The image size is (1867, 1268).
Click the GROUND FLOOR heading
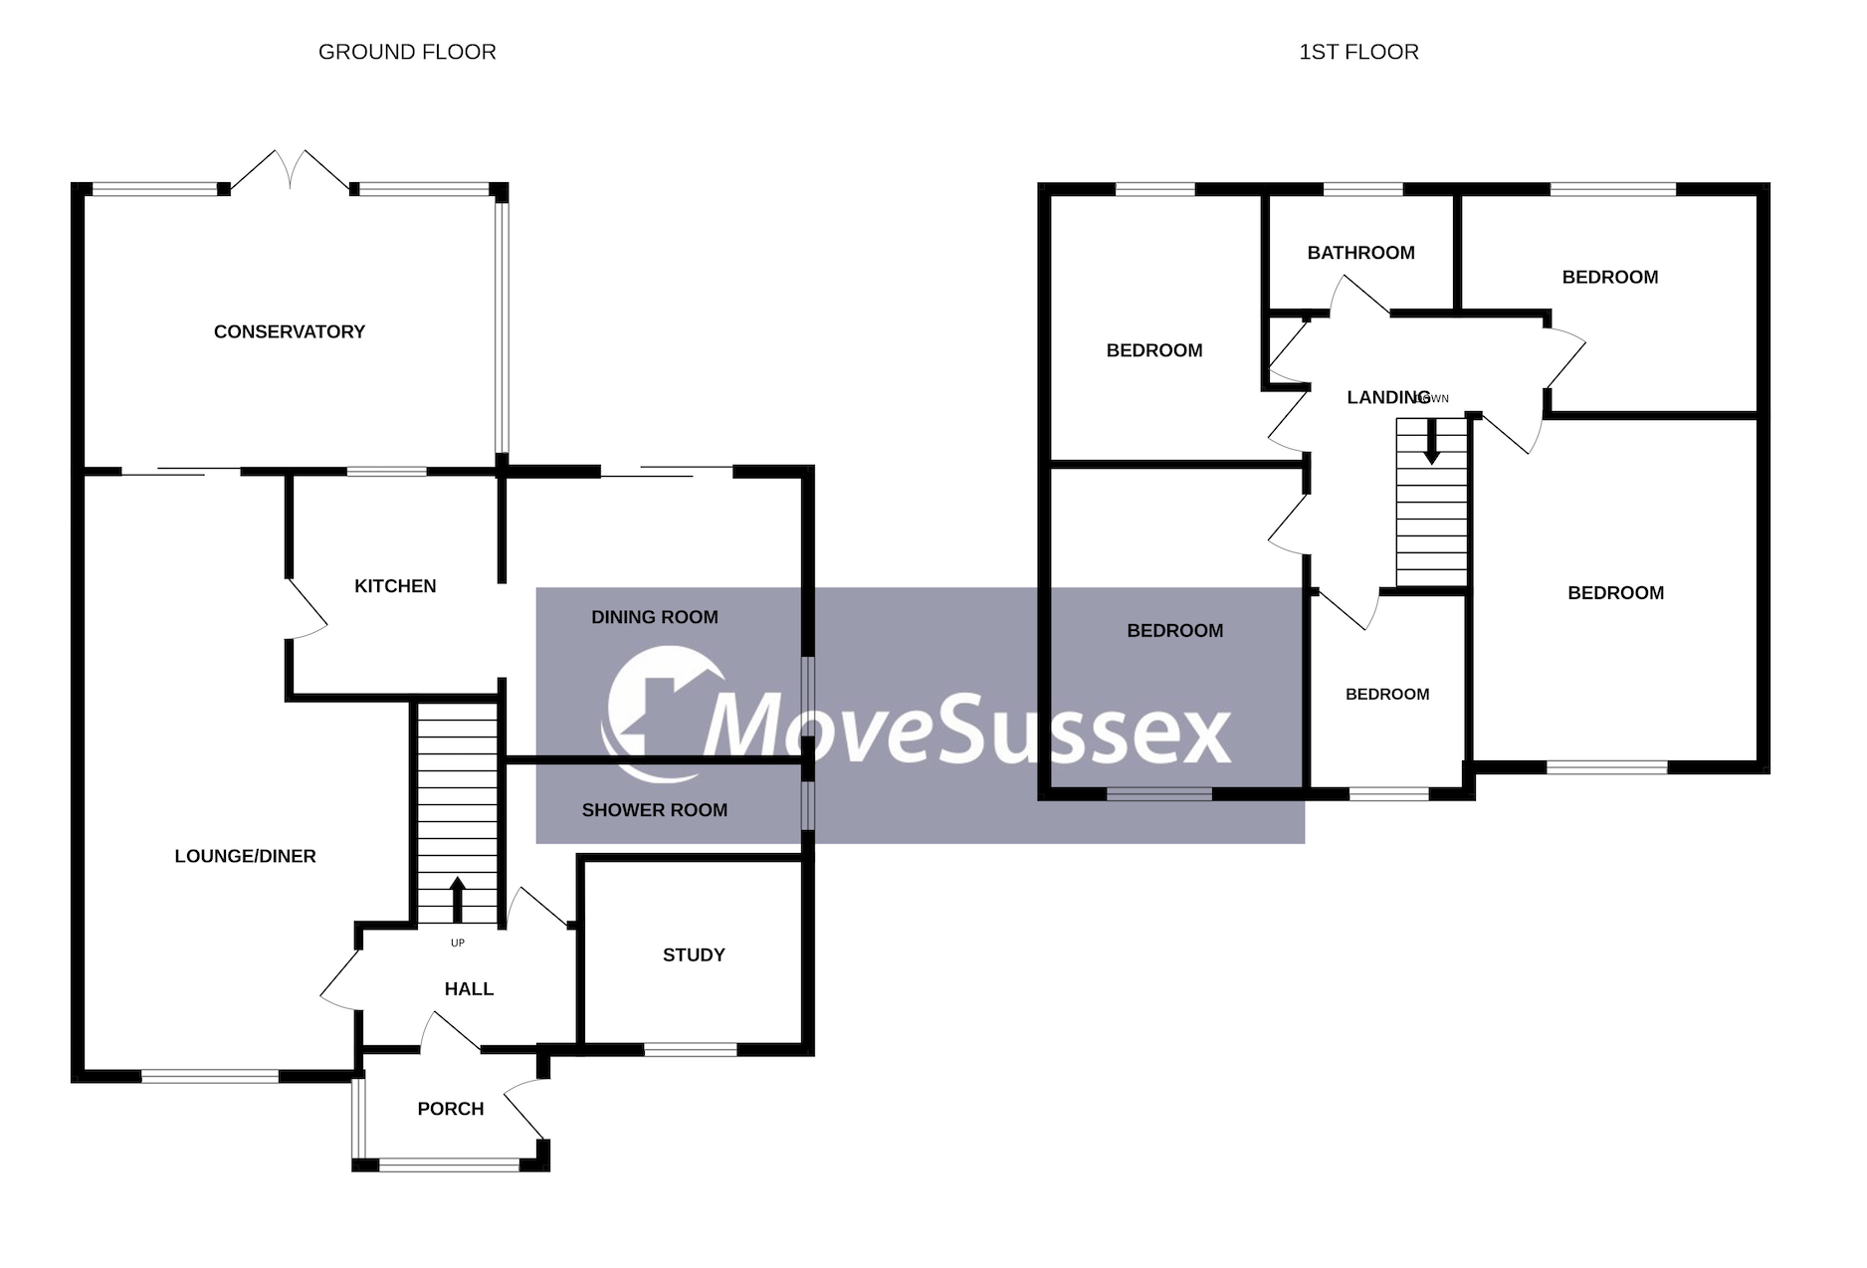(407, 52)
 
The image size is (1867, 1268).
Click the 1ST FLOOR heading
(1358, 52)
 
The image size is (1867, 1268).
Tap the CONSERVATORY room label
(290, 331)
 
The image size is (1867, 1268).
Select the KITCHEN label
(395, 586)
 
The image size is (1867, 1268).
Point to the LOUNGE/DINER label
(245, 856)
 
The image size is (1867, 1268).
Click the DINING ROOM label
(655, 617)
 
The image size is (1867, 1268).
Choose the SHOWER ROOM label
(655, 810)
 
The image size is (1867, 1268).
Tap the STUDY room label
(694, 954)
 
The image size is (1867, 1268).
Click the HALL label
(469, 988)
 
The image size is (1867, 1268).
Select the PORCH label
(451, 1109)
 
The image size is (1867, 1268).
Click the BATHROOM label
(1360, 253)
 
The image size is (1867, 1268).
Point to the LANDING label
(1387, 397)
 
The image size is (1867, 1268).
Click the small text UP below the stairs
(458, 943)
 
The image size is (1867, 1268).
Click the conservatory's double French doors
(290, 169)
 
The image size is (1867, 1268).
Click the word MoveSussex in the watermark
(967, 729)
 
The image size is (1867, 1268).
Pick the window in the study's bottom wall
(691, 1049)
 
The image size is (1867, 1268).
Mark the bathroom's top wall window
(1362, 188)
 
